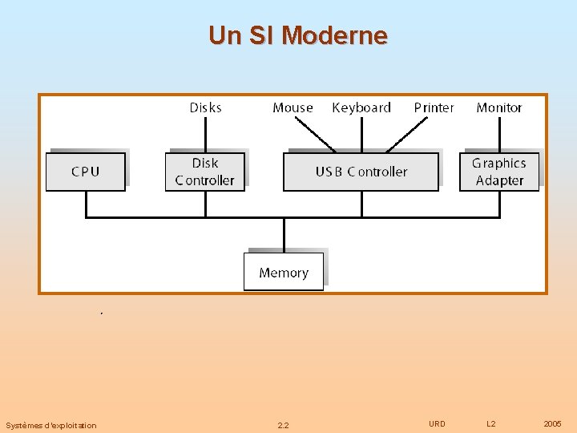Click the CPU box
tap(85, 172)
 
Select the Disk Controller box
tap(204, 172)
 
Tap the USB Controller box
tap(361, 172)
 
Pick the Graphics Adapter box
tap(498, 172)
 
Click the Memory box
tap(283, 273)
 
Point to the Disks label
tap(205, 107)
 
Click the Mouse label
tap(293, 107)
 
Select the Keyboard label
tap(361, 107)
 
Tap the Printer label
tap(434, 107)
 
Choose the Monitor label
tap(498, 107)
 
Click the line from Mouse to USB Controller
tap(316, 134)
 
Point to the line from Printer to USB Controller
tap(408, 135)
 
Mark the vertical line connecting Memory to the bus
tap(284, 234)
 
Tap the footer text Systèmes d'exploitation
tap(50, 425)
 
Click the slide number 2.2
tap(283, 425)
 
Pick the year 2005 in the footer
tap(552, 423)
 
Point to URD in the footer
tap(437, 423)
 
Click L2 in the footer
tap(491, 423)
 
